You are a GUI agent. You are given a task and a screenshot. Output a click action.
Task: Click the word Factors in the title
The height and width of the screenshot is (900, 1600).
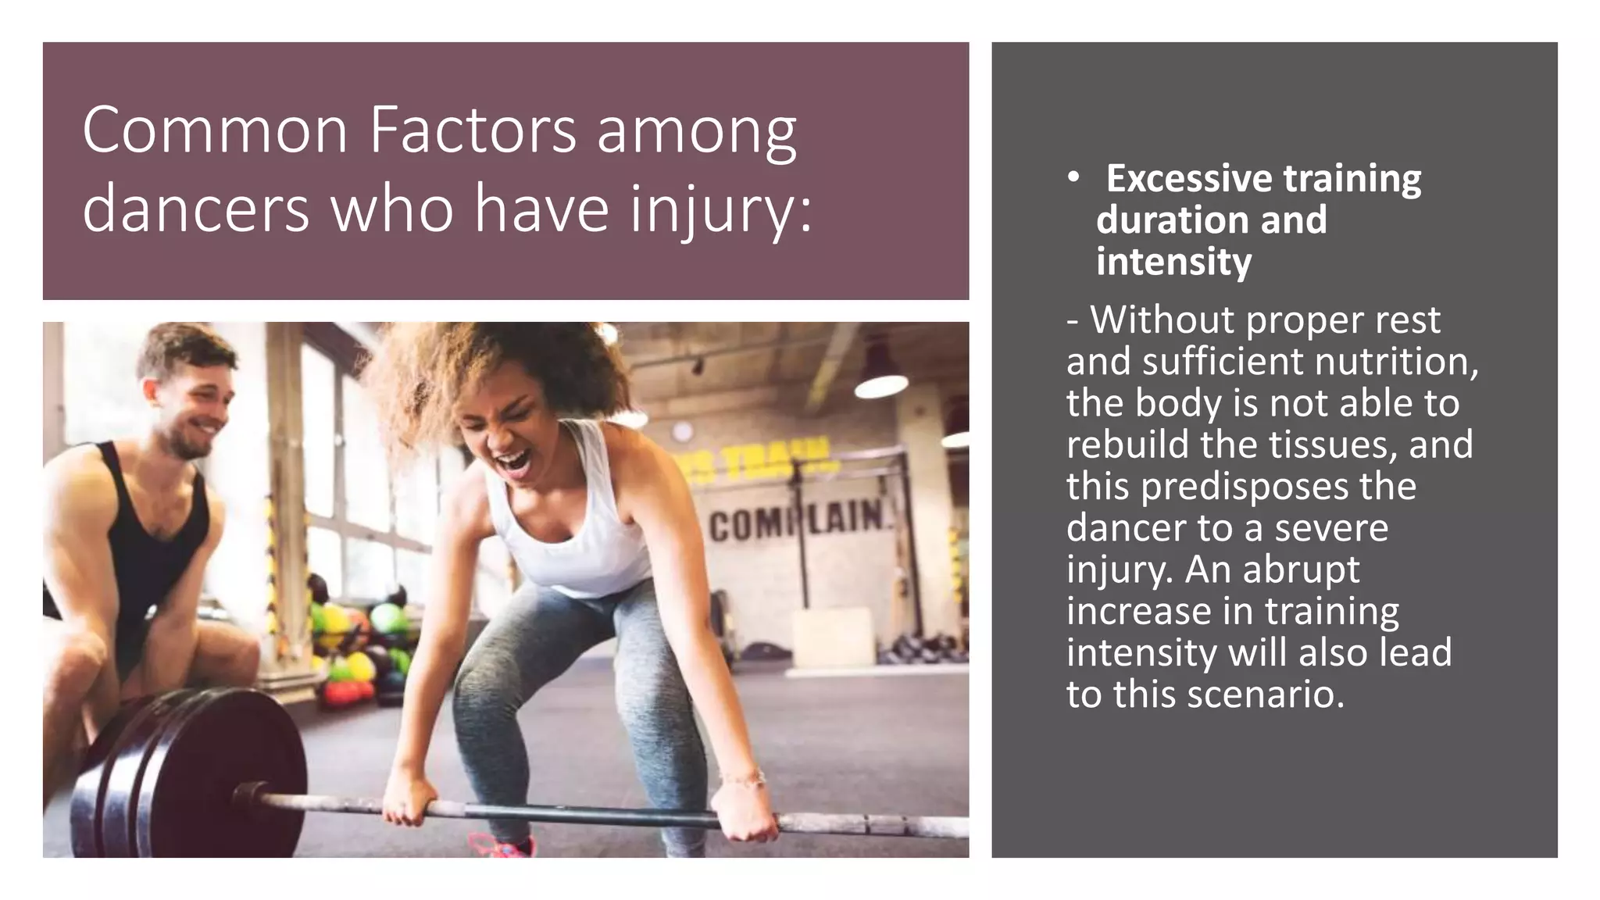point(473,130)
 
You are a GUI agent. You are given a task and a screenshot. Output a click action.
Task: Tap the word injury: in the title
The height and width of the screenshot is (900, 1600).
point(720,209)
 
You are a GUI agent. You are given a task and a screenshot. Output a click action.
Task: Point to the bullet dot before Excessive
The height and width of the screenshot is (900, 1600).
point(1074,179)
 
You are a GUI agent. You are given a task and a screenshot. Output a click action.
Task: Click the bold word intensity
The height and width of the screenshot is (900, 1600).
point(1173,262)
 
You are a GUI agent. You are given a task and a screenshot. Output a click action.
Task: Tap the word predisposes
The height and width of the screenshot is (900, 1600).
point(1245,487)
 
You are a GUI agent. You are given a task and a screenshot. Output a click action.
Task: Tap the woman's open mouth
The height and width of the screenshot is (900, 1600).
point(513,461)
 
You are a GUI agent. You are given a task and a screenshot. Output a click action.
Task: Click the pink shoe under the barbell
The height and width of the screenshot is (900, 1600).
point(504,846)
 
